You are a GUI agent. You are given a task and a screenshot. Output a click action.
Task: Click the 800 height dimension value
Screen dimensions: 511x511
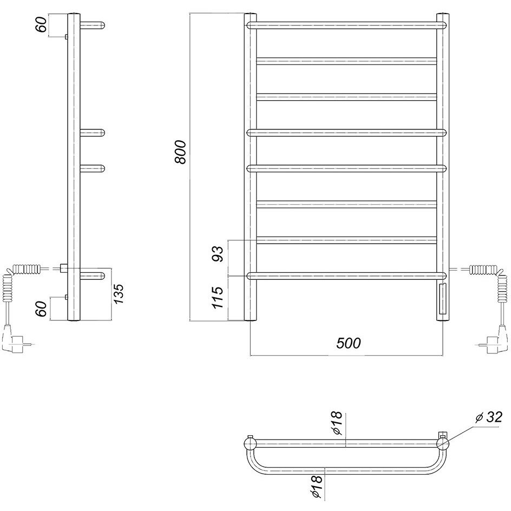point(180,152)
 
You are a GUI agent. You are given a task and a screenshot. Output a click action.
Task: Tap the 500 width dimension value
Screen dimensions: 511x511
point(349,343)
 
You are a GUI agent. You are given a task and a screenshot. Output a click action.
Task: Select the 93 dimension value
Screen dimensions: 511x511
point(218,254)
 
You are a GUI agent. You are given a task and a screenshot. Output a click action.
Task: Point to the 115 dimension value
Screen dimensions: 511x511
point(218,298)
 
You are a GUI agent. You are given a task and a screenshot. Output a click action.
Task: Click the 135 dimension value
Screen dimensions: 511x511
point(119,293)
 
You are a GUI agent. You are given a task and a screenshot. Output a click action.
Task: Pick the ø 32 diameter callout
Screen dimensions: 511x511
point(489,417)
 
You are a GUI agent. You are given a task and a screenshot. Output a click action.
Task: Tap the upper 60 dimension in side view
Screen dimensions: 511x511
point(41,24)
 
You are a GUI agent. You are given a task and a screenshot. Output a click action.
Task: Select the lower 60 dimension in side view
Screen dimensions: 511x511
point(41,309)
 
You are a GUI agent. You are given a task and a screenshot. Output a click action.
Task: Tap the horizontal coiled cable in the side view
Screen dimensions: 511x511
point(27,269)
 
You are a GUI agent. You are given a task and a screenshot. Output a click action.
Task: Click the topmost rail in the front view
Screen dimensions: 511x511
point(346,25)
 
